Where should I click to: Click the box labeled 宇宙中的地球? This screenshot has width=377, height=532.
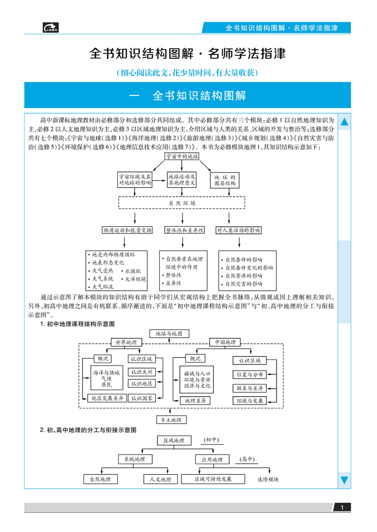182,156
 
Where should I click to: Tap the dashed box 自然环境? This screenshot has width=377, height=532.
182,203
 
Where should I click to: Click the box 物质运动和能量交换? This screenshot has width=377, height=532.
127,230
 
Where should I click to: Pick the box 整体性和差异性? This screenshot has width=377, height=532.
184,230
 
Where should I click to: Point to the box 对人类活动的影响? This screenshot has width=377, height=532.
239,230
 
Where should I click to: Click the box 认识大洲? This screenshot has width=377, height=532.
142,372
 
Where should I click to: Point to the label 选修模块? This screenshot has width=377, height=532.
267,479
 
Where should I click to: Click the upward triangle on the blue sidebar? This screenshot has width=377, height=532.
344,122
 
